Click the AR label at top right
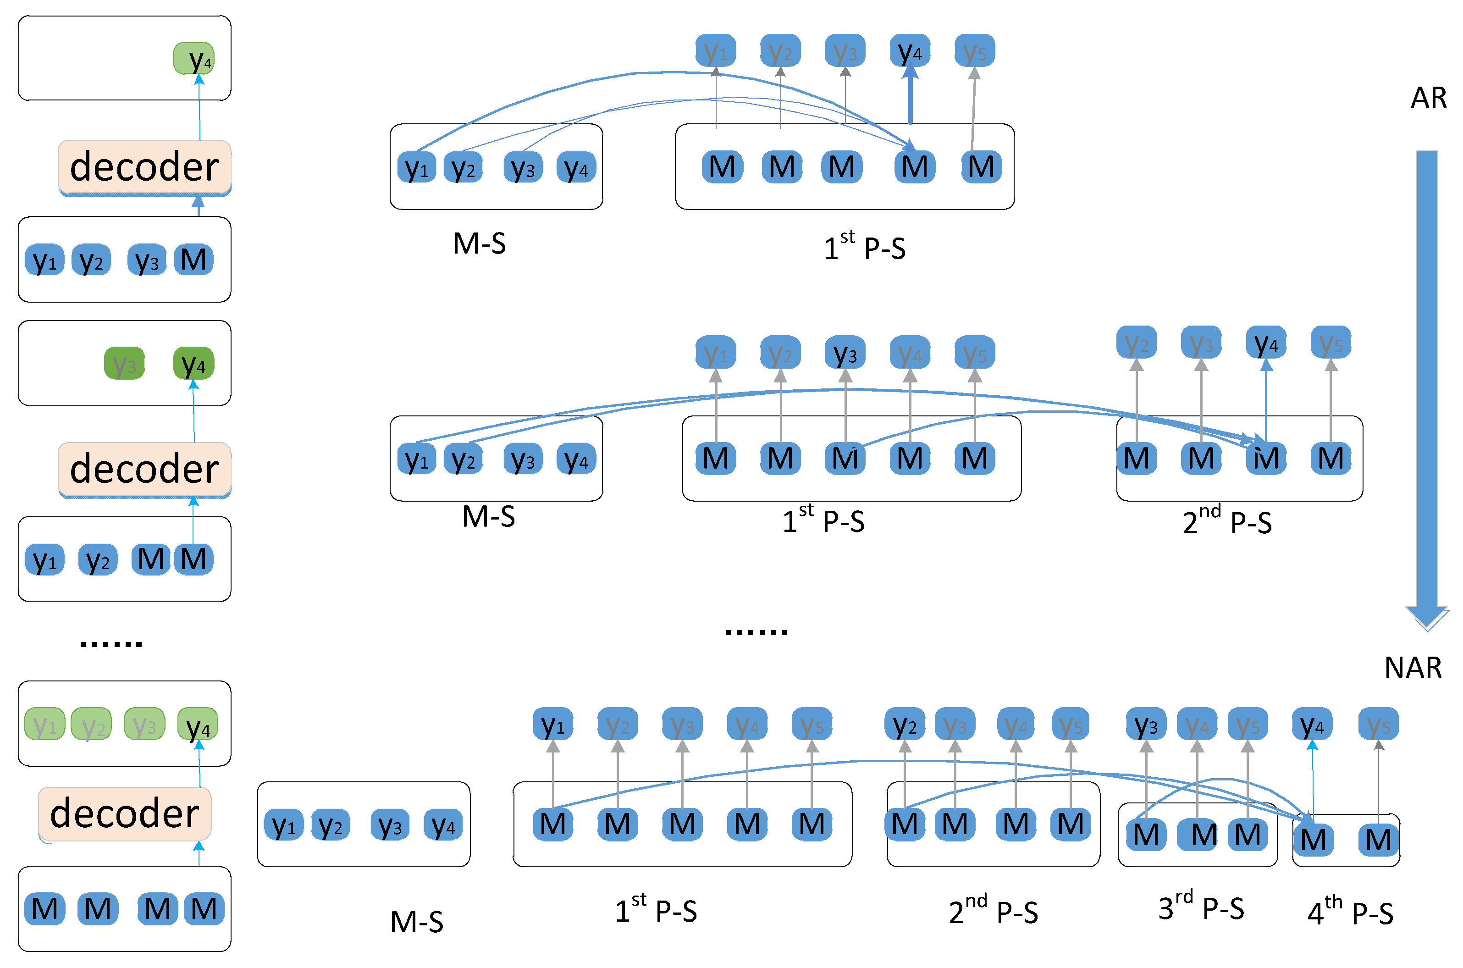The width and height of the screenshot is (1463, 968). [x=1428, y=98]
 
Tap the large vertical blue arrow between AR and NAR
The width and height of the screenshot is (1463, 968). [x=1427, y=383]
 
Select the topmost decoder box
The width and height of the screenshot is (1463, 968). [x=144, y=167]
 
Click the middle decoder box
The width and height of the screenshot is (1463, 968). [x=144, y=469]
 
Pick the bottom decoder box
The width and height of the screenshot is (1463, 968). [x=125, y=813]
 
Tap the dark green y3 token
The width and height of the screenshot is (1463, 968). [x=124, y=364]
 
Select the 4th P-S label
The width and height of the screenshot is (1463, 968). [x=1349, y=913]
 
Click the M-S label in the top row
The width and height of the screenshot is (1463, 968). [x=479, y=243]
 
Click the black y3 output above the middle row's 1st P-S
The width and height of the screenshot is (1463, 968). [x=845, y=353]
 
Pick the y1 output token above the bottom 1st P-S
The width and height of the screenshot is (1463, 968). [x=552, y=724]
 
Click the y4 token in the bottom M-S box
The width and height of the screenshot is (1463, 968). [x=443, y=825]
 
